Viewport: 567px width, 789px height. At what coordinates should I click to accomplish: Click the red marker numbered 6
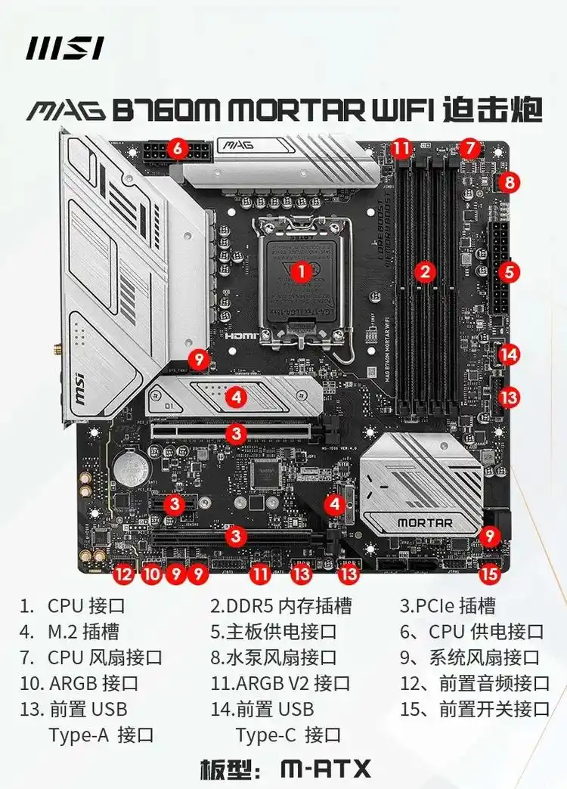177,148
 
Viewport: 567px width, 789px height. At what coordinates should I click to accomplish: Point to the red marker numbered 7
469,148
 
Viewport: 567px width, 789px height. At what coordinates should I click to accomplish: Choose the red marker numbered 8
510,181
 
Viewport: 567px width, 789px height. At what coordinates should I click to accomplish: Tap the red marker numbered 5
510,272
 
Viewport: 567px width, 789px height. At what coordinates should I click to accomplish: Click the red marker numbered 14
510,353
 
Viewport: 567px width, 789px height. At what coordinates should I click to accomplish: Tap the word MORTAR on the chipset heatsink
425,522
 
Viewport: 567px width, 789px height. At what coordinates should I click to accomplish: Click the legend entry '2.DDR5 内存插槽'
280,606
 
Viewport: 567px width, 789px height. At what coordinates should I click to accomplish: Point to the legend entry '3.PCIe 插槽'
448,606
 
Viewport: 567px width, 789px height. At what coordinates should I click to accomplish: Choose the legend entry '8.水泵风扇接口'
274,657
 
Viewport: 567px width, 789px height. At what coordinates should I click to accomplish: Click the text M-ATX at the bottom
326,769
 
